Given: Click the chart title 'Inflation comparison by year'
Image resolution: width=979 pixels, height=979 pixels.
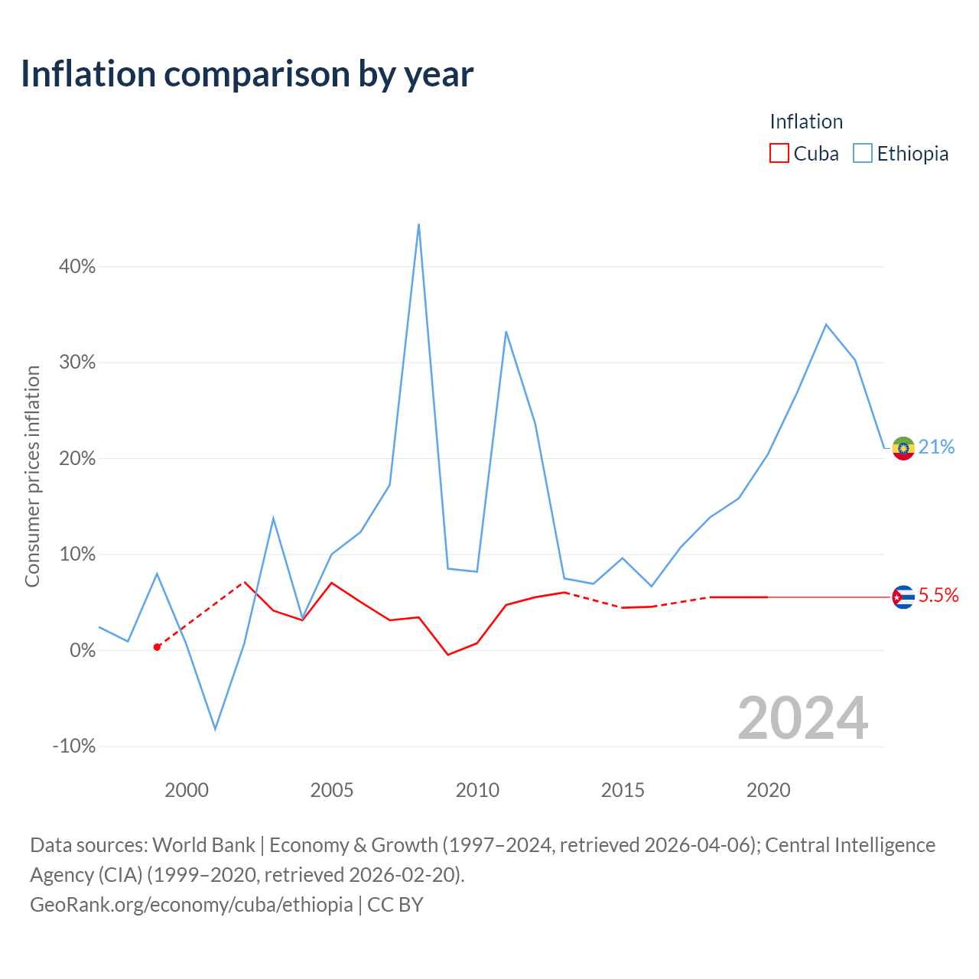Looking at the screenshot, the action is coord(247,74).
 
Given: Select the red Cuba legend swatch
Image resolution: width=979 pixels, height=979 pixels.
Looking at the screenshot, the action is coord(779,153).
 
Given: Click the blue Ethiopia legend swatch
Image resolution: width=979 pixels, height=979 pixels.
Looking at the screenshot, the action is coord(862,153).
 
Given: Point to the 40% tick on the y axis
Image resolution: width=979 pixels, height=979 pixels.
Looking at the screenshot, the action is coord(76,266).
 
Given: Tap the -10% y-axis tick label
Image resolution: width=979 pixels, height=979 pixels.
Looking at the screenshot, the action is coord(74,746).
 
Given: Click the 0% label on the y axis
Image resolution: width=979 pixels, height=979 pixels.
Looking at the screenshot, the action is coord(83,650).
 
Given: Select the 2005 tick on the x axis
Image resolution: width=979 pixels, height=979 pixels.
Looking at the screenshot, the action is coord(331,790).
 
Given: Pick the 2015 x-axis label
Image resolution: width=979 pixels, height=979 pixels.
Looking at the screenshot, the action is coord(623,790).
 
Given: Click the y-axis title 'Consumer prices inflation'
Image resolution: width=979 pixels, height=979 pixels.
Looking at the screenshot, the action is coord(32,476).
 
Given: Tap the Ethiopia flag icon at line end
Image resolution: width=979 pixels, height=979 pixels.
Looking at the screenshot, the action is coord(903,448).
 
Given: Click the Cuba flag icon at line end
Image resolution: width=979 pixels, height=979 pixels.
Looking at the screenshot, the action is coord(903,597).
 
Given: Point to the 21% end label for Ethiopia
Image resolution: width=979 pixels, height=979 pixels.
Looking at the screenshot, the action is coord(936,447).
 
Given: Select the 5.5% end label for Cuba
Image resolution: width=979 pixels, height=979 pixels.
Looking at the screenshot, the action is coord(938,595).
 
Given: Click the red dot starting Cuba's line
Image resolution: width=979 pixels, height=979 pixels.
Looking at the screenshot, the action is coord(157,647).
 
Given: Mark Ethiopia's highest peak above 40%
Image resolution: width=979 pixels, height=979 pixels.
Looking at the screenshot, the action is coord(418,224).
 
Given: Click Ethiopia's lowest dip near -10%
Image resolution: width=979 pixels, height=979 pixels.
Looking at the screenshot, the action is coord(216,730).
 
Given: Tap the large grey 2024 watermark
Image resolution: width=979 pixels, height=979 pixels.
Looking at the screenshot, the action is coord(803,718).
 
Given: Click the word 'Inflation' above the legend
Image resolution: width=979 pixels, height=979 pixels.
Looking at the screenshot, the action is coord(806,122).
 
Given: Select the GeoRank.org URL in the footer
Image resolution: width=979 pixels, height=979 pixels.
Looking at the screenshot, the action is coord(191,905).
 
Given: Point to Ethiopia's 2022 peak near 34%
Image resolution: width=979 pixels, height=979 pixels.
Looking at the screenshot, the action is coord(826,324).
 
